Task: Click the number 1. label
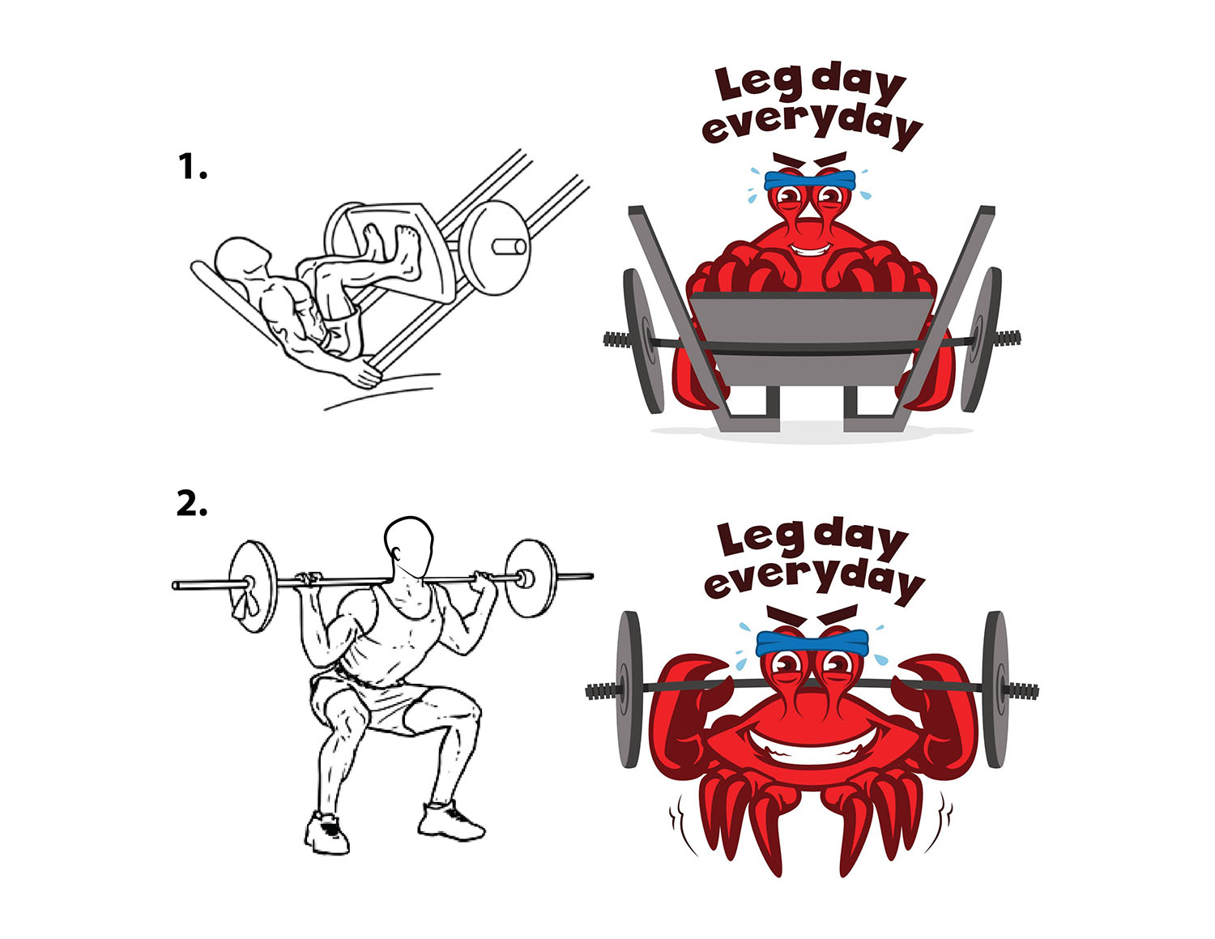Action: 192,167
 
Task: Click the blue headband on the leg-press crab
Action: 810,180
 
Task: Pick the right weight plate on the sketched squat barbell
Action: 530,578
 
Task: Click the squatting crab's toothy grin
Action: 812,741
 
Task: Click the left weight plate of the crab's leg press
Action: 641,341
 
